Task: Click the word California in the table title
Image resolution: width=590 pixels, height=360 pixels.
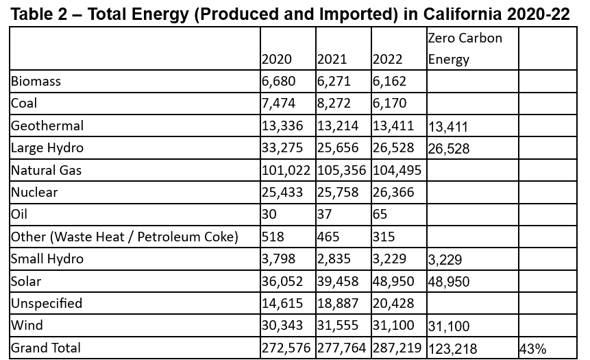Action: click(x=462, y=14)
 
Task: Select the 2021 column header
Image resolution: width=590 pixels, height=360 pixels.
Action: click(x=332, y=59)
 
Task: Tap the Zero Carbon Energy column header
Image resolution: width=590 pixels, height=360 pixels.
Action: click(x=465, y=49)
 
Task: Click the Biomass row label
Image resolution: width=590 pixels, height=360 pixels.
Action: click(x=36, y=82)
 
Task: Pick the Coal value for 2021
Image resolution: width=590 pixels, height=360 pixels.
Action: click(x=334, y=103)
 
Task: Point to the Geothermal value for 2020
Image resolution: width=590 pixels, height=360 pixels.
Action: click(x=282, y=125)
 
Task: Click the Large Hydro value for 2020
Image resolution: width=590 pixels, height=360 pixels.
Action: click(x=282, y=147)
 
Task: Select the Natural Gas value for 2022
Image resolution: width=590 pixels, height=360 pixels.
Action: click(x=397, y=170)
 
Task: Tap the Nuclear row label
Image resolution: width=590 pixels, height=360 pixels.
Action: click(x=34, y=193)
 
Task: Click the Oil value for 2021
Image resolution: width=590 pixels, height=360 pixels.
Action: click(x=325, y=214)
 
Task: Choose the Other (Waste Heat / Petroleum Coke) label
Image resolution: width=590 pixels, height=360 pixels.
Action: click(x=125, y=237)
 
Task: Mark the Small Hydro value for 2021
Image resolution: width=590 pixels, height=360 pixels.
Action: click(x=334, y=259)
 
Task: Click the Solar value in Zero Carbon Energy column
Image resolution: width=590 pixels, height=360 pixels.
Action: click(x=449, y=282)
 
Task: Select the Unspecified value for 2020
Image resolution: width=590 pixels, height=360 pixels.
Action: click(x=282, y=304)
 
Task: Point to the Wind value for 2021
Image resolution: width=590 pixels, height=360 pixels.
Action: click(x=338, y=325)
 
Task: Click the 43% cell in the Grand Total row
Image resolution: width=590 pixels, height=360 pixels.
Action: click(x=533, y=349)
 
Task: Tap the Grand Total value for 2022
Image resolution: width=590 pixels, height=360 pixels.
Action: click(x=397, y=348)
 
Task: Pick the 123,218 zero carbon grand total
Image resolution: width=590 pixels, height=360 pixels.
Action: click(x=453, y=349)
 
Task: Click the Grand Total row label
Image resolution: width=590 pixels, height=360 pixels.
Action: click(x=46, y=348)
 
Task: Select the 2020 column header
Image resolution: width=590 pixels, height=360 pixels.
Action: click(x=277, y=59)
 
